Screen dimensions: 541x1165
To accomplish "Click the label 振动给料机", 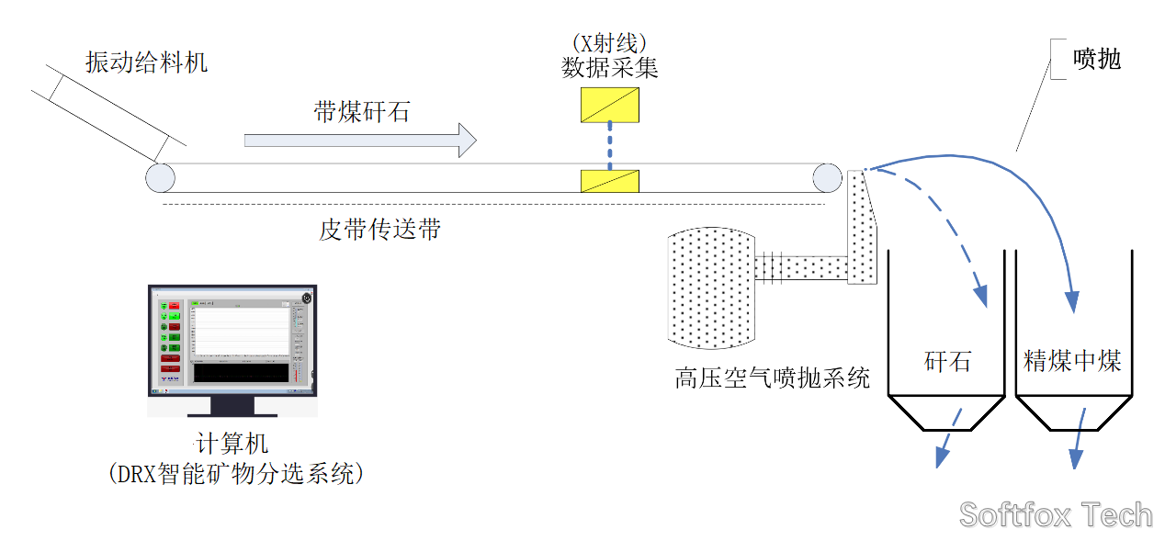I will tap(147, 62).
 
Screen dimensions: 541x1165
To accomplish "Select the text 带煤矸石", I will tap(361, 113).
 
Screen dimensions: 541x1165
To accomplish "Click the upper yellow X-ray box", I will tap(610, 104).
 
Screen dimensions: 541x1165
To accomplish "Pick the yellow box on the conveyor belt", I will tap(610, 181).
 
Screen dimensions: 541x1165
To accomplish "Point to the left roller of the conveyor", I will tap(160, 177).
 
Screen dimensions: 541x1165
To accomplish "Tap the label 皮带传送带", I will tap(379, 229).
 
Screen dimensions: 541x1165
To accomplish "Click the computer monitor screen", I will tap(232, 340).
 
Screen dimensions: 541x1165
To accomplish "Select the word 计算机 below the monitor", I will tap(232, 444).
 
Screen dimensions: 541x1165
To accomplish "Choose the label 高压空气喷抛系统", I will tap(772, 378).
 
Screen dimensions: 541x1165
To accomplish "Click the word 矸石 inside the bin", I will tap(947, 360).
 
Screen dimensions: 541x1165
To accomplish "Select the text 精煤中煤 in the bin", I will tap(1073, 360).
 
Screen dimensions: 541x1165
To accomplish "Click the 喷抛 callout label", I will tap(1098, 60).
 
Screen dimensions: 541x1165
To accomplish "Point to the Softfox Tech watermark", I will tap(1056, 514).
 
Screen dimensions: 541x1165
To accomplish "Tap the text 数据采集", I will tap(610, 67).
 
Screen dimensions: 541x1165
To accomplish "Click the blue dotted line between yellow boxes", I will tap(610, 146).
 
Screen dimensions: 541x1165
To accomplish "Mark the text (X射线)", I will tap(610, 42).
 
